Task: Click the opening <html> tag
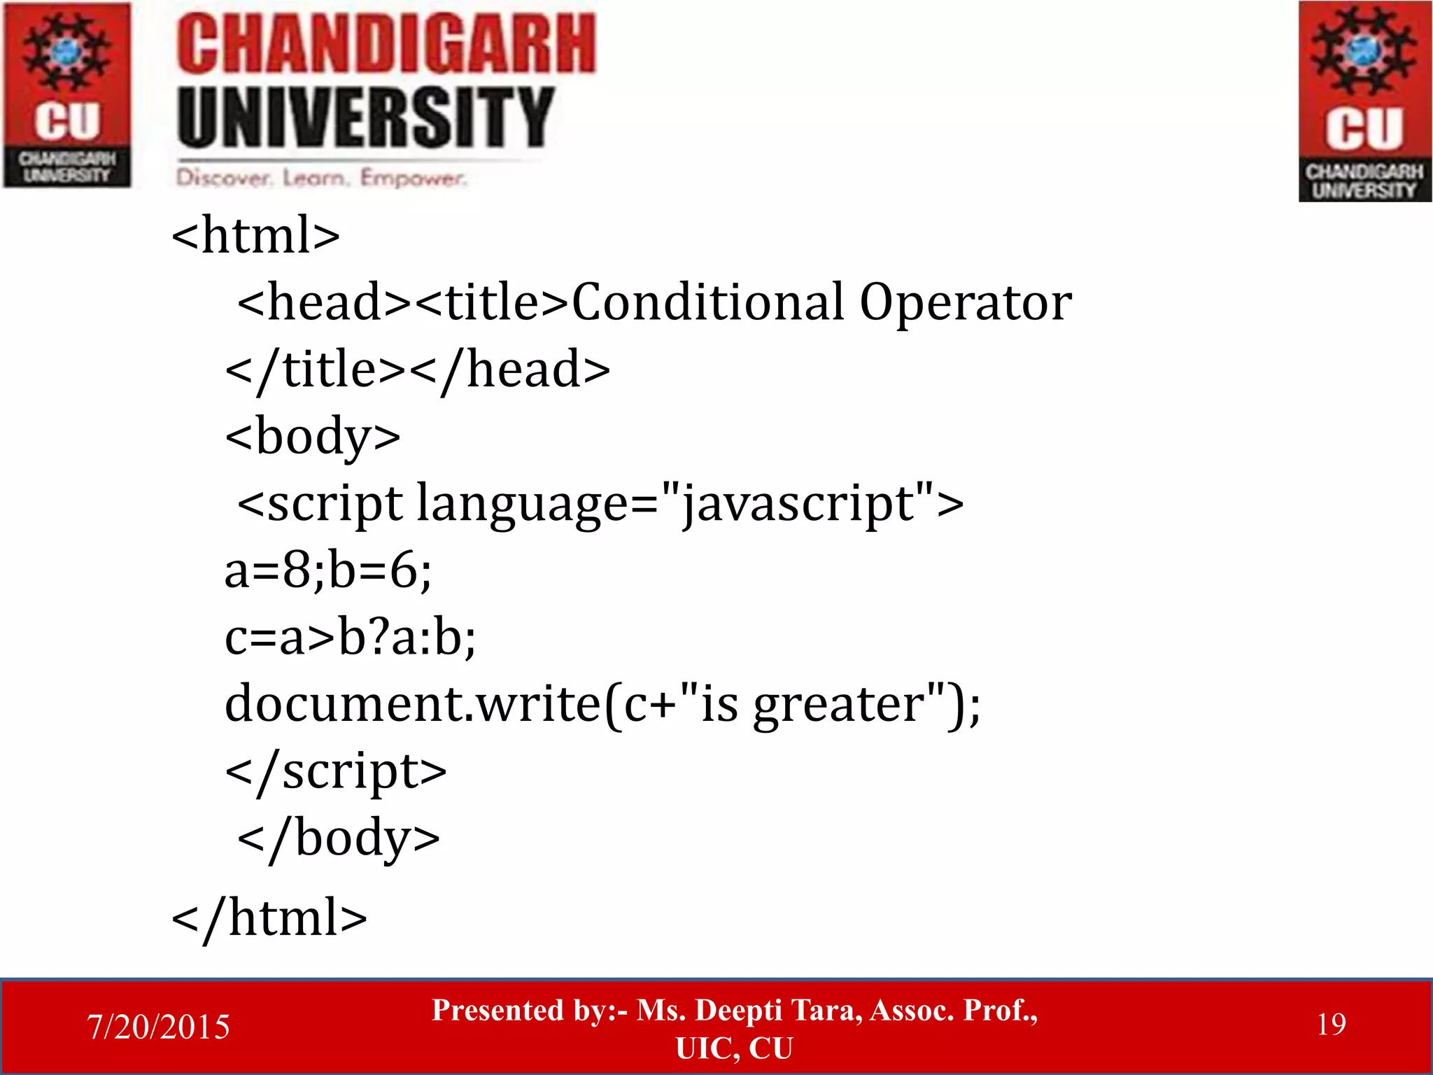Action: click(255, 235)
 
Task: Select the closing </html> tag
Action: click(269, 918)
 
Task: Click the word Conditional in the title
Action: click(707, 302)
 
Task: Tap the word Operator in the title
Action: click(965, 302)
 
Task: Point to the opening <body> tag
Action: click(313, 437)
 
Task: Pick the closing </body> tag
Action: click(339, 838)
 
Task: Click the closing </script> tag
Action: click(335, 771)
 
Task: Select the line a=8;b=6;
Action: click(327, 570)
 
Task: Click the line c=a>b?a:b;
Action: click(350, 638)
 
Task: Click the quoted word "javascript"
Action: click(797, 503)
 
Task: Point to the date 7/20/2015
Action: click(158, 1027)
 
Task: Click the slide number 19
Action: click(1331, 1025)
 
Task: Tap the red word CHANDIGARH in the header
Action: click(386, 45)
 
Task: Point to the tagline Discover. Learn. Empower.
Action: click(320, 178)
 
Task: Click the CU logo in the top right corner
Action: click(1364, 101)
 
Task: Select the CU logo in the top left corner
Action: click(67, 95)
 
